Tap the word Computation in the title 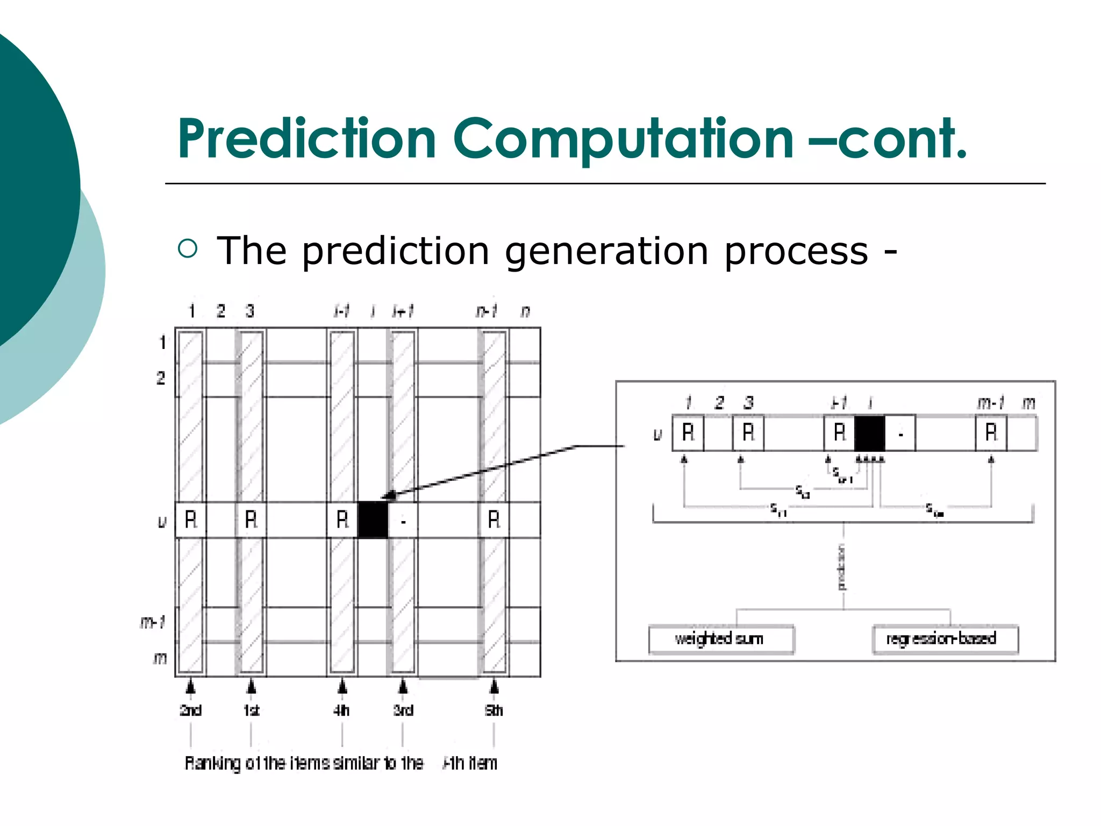pos(623,140)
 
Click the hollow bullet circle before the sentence pos(188,248)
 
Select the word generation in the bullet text pos(606,252)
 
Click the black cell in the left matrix pos(373,519)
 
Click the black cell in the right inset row pos(869,433)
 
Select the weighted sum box pos(720,639)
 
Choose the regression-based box pos(944,639)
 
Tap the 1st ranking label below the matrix pos(251,710)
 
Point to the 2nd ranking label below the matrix pos(190,710)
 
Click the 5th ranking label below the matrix pos(494,710)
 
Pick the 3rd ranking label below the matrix pos(403,710)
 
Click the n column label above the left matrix pos(525,311)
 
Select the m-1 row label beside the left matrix pos(153,622)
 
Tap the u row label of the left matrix pos(161,521)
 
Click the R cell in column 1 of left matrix pos(191,519)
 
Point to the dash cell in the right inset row pos(900,433)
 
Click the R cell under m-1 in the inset pos(991,433)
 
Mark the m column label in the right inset pos(1028,402)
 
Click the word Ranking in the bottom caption pos(213,763)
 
